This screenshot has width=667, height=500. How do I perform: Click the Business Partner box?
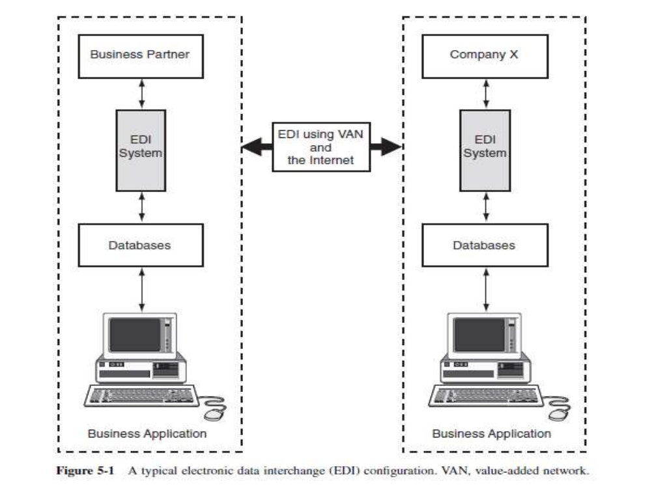coord(140,55)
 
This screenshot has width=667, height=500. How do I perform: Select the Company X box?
coord(484,55)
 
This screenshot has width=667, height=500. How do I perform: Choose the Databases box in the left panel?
coord(140,245)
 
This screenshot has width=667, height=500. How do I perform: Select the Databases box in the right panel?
coord(484,245)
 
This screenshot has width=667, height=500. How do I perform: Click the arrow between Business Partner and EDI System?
coord(141,94)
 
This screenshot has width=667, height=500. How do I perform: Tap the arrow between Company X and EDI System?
coord(485,94)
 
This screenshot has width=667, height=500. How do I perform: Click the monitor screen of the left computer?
coord(134,335)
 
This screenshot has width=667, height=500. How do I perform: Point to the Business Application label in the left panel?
coord(147,433)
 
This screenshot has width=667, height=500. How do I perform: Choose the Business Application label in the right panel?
coord(491,433)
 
